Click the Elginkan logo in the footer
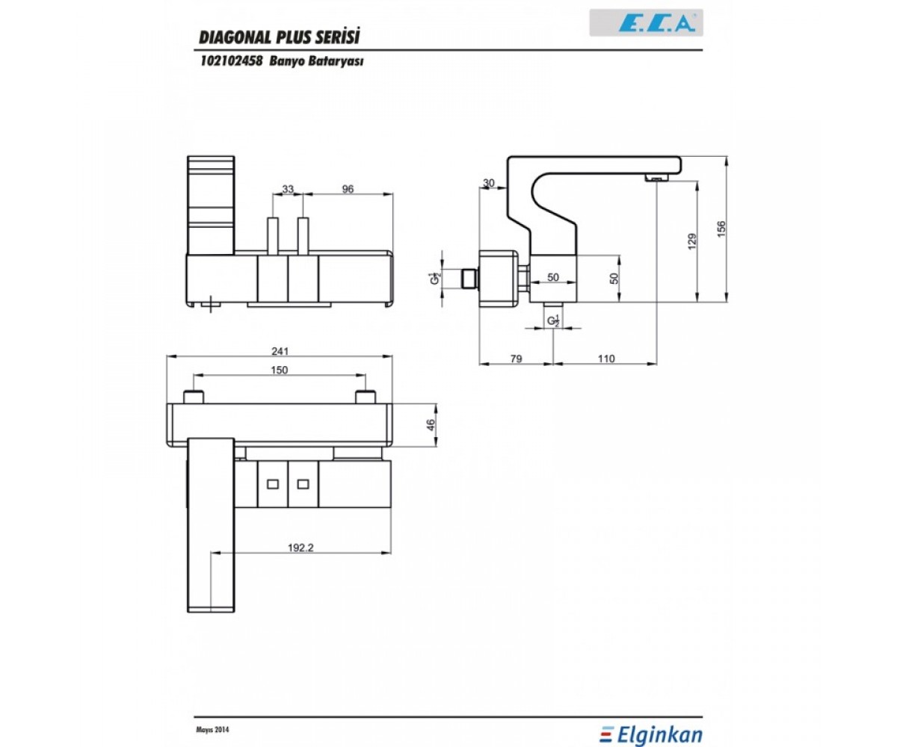651,723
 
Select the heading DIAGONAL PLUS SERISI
280,37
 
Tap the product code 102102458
232,61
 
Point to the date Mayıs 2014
212,718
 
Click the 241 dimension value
280,352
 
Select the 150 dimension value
280,370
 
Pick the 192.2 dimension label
300,548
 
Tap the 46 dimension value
431,426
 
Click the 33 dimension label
288,189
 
